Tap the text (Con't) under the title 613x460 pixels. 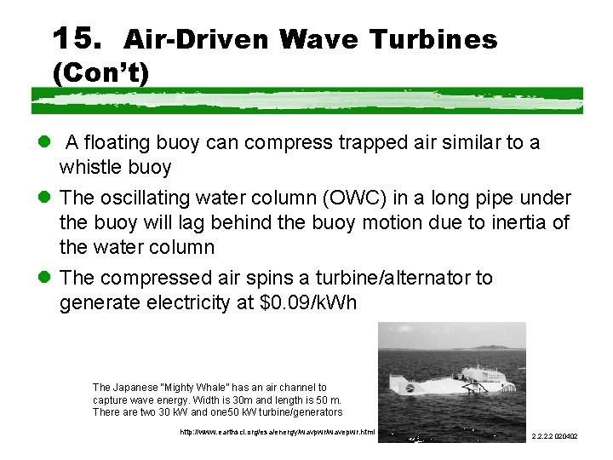(x=100, y=74)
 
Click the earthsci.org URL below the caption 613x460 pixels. (x=277, y=433)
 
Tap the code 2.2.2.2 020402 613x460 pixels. (x=554, y=436)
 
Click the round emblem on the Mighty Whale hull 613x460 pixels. (x=410, y=388)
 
